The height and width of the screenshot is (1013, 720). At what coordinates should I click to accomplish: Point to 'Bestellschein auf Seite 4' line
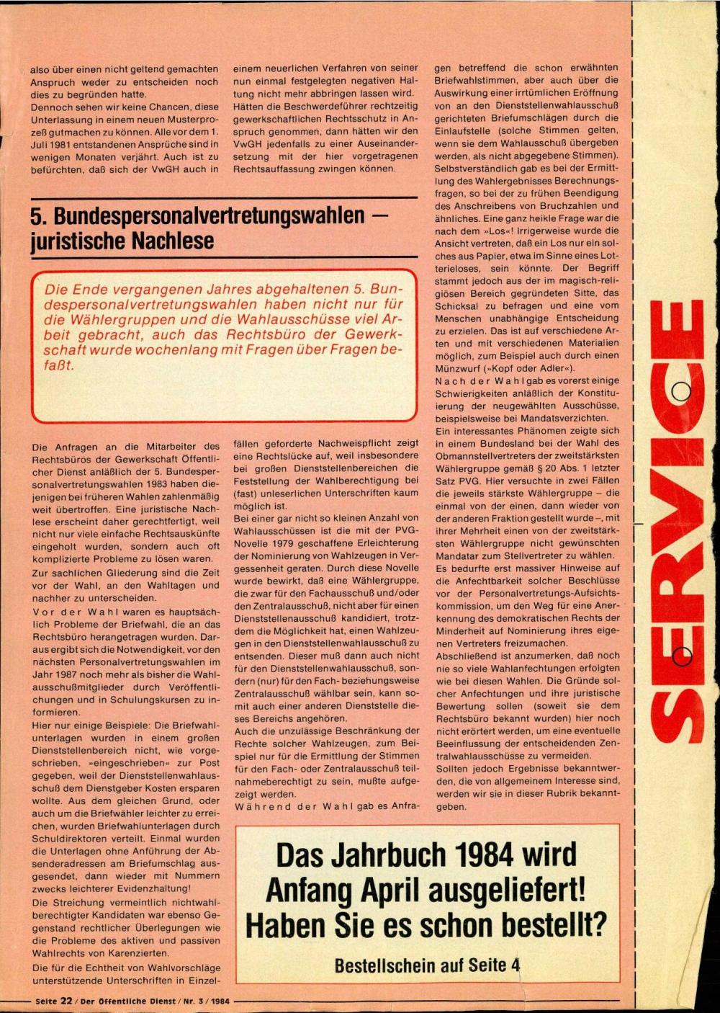pos(427,965)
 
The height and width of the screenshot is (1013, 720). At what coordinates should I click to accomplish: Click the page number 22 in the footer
pos(66,1001)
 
